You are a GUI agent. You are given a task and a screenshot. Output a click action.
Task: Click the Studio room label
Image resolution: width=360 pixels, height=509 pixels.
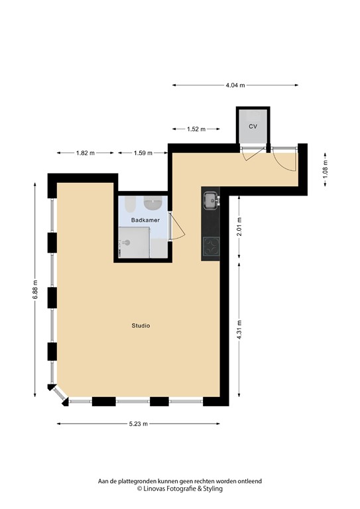[140, 325]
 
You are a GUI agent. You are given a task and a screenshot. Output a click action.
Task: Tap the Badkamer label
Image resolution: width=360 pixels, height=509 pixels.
[143, 219]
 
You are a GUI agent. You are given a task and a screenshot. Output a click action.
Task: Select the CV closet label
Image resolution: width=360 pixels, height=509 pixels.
[253, 126]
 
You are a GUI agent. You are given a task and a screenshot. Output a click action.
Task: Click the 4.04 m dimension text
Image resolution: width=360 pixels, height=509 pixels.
[235, 85]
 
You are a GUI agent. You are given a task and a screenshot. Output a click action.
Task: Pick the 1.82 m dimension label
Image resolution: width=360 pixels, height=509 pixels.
[85, 153]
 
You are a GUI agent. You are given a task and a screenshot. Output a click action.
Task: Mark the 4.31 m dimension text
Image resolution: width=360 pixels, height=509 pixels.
[239, 331]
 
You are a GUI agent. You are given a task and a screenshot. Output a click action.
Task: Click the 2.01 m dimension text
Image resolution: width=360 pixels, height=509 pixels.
[239, 226]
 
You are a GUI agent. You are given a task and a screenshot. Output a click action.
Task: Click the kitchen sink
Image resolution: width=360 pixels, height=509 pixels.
[210, 198]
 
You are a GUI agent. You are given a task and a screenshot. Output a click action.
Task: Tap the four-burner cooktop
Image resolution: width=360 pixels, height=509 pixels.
[211, 247]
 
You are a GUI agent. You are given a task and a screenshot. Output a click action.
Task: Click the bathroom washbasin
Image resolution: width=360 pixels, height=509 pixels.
[156, 201]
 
